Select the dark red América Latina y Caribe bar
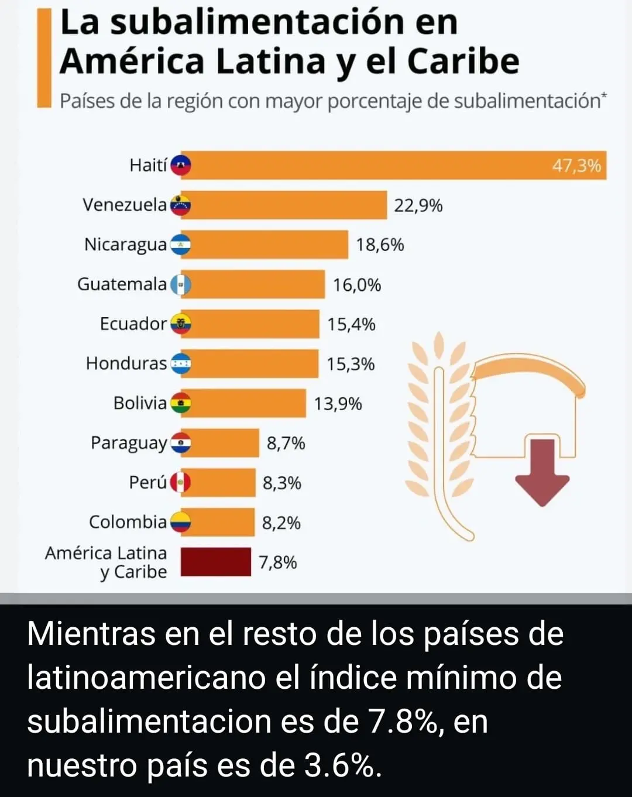click(215, 562)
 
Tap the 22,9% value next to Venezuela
click(418, 205)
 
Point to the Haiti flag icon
click(181, 166)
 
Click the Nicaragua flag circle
click(181, 245)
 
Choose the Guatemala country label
click(122, 284)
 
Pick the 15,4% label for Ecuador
click(351, 324)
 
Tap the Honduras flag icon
click(181, 364)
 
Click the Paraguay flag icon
click(181, 443)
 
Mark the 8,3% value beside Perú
click(281, 483)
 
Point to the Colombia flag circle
click(181, 522)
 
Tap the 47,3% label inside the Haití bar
click(576, 166)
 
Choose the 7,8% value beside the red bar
click(277, 562)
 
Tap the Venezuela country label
click(125, 205)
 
